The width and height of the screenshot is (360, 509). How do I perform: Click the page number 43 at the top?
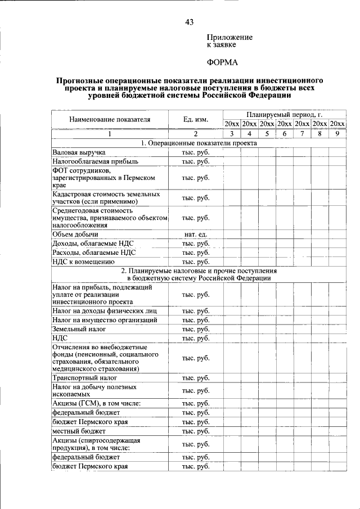coord(189,22)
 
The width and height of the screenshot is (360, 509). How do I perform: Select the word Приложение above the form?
coord(231,37)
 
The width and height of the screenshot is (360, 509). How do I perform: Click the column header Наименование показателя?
coord(110,119)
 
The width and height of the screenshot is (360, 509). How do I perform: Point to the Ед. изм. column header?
coord(196,119)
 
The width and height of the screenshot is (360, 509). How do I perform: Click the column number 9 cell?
coord(337,134)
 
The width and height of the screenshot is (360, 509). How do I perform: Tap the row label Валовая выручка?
coord(79,152)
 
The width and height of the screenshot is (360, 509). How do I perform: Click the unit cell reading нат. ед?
coord(196,234)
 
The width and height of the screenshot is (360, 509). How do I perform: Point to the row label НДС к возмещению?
coord(84,262)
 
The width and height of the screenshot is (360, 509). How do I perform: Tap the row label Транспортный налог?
coord(84,379)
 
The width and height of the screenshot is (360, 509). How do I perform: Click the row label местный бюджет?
coord(79,431)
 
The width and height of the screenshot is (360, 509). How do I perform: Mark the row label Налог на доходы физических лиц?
coord(104,311)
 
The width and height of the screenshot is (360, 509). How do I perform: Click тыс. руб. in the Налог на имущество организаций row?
coord(196,320)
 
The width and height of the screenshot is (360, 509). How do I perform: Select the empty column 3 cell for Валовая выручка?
coord(232,152)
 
